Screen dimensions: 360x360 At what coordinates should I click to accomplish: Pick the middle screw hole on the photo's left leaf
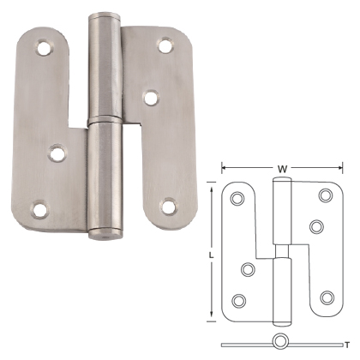click(x=58, y=154)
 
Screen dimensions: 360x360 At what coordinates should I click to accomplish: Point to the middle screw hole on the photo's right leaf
click(x=151, y=98)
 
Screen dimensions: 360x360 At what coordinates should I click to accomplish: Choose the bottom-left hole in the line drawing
click(x=238, y=300)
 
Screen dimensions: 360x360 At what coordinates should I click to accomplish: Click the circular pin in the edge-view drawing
click(x=280, y=341)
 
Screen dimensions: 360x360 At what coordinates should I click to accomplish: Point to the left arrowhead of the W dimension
click(x=225, y=168)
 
